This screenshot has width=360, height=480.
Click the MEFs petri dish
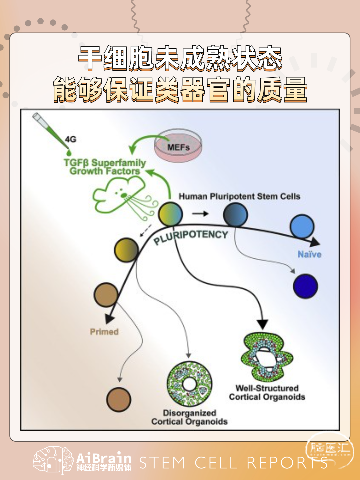point(178,145)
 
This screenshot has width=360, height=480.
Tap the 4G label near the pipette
point(71,139)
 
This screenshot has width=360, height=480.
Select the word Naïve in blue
point(310,254)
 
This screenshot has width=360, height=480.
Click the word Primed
point(104,332)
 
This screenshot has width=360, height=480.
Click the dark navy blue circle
point(305,286)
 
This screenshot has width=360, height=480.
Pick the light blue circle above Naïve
point(302,227)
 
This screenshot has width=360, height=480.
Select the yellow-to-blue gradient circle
point(171,214)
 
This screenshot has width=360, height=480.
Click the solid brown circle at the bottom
point(119,400)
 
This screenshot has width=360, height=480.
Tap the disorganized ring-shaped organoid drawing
point(190,384)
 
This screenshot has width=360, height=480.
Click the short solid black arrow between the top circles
point(200,213)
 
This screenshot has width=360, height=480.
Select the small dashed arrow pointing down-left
point(146,230)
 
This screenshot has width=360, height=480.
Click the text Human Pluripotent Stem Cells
point(240,196)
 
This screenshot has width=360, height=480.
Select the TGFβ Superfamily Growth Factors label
point(105,167)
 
